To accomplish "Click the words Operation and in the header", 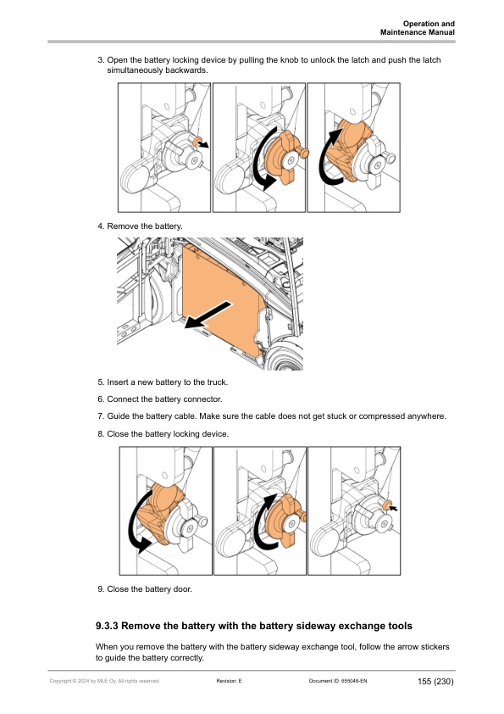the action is click(x=429, y=24).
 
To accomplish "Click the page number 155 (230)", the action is click(x=435, y=681).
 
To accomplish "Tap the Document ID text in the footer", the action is click(x=338, y=681).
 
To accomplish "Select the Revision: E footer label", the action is click(x=230, y=681).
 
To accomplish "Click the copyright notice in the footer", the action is click(x=105, y=681).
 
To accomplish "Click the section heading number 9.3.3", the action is click(x=107, y=626).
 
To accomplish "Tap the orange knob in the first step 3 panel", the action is click(x=197, y=142).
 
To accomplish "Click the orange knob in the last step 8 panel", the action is click(x=387, y=505).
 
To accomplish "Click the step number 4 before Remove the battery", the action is click(x=101, y=226).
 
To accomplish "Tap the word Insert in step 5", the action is click(x=118, y=382).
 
